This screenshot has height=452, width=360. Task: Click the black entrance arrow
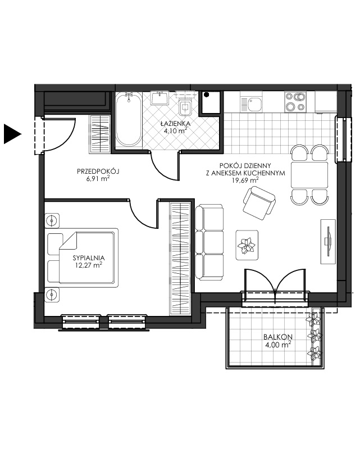point(12,133)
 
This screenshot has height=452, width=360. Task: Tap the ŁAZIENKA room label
point(175,123)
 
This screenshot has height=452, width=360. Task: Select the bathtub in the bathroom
point(129,119)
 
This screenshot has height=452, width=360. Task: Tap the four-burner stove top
point(295,102)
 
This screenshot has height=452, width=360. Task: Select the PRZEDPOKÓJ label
point(98,171)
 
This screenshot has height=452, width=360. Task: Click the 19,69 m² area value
point(245,180)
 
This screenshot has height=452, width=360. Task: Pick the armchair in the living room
point(259,203)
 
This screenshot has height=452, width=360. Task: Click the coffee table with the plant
point(247,245)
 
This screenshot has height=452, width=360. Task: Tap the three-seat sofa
point(209,242)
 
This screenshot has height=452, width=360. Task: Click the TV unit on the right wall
point(329,241)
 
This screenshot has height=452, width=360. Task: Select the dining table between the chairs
point(309,175)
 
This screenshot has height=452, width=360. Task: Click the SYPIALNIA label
point(89,257)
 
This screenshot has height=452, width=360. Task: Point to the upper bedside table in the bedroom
point(52,221)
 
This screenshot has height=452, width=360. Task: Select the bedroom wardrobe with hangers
point(180,258)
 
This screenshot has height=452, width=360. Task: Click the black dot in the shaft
point(206,94)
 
